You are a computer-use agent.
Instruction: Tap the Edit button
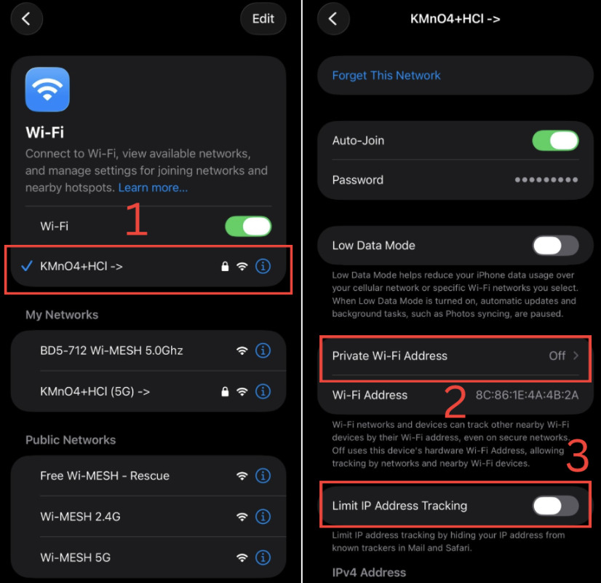point(263,19)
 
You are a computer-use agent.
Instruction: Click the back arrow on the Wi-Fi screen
point(26,19)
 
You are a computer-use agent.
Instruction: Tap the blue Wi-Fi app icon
point(47,90)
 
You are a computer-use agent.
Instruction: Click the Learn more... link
point(153,187)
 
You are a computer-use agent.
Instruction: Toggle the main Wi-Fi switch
point(248,226)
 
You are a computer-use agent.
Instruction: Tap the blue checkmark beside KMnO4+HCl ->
point(26,266)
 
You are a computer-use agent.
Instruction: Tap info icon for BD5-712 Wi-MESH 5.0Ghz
point(263,351)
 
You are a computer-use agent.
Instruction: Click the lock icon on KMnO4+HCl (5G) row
point(225,391)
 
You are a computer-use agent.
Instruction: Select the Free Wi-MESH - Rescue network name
point(105,476)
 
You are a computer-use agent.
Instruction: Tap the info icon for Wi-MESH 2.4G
point(263,517)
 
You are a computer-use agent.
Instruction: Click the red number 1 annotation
point(136,220)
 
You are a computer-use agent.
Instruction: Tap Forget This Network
point(386,75)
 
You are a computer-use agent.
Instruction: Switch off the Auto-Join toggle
point(555,140)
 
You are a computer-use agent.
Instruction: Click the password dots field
point(546,180)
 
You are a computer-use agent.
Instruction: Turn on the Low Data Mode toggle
point(555,246)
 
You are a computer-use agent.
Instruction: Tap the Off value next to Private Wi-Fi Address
point(557,356)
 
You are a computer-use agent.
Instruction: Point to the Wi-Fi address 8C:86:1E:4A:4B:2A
point(527,395)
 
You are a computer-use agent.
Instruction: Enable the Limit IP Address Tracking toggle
point(555,506)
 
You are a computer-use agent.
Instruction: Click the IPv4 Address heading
point(369,572)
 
